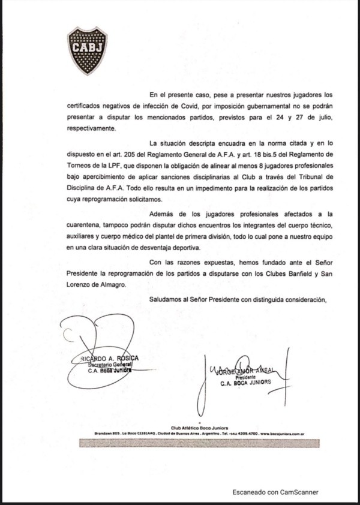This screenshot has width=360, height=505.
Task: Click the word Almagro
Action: click(x=111, y=286)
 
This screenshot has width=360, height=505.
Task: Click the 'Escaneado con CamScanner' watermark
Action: click(x=276, y=492)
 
